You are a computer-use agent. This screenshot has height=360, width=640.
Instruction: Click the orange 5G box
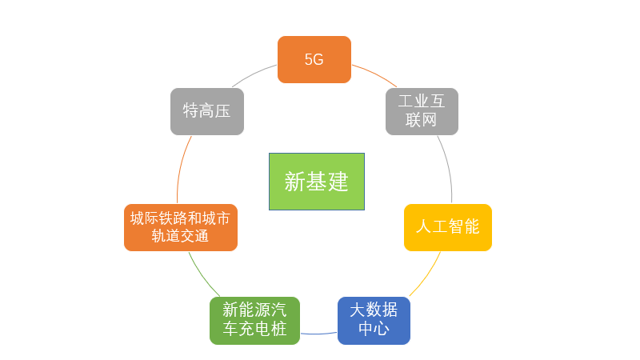pyautogui.click(x=314, y=59)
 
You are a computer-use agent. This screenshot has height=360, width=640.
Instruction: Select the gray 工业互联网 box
pyautogui.click(x=422, y=111)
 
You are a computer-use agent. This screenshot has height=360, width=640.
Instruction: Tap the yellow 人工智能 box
pyautogui.click(x=447, y=227)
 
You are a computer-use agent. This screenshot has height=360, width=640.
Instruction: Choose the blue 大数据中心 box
pyautogui.click(x=374, y=320)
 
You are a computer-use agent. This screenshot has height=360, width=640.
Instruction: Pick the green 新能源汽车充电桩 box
pyautogui.click(x=254, y=320)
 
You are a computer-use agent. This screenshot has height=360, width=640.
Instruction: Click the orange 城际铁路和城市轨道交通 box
pyautogui.click(x=181, y=227)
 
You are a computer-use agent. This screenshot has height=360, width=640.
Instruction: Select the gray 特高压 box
pyautogui.click(x=206, y=111)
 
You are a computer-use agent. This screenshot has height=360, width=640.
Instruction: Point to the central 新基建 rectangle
pyautogui.click(x=317, y=182)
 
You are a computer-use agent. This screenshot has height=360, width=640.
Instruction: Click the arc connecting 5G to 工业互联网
pyautogui.click(x=374, y=73)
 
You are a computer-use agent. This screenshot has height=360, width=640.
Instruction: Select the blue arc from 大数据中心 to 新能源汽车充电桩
pyautogui.click(x=318, y=334)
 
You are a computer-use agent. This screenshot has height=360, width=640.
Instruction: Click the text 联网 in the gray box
pyautogui.click(x=422, y=121)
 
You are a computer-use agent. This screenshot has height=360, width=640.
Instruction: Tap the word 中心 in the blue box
pyautogui.click(x=374, y=330)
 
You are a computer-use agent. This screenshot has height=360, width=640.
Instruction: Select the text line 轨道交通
pyautogui.click(x=181, y=237)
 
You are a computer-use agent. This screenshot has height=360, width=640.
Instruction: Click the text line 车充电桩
pyautogui.click(x=254, y=330)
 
